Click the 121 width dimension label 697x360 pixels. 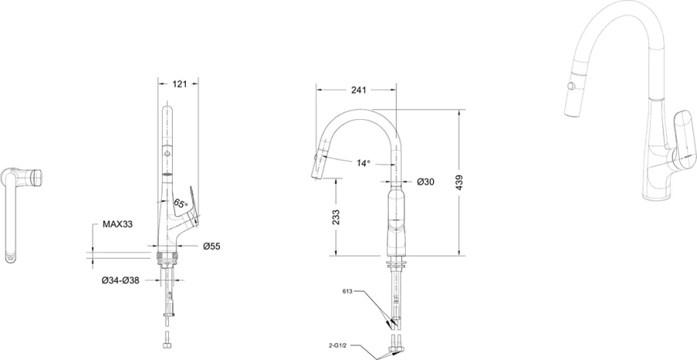pyautogui.click(x=179, y=84)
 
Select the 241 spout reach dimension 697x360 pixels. pyautogui.click(x=359, y=91)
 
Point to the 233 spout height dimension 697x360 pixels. pyautogui.click(x=336, y=217)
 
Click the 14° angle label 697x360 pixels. pyautogui.click(x=363, y=163)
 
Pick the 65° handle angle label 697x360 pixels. pyautogui.click(x=180, y=204)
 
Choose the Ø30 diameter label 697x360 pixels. pyautogui.click(x=426, y=181)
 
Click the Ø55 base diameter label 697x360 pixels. pyautogui.click(x=211, y=246)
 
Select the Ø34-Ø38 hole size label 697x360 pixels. pyautogui.click(x=121, y=280)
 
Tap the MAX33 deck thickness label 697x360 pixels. pyautogui.click(x=118, y=225)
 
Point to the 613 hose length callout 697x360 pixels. pyautogui.click(x=348, y=292)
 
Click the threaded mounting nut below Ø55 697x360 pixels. pyautogui.click(x=167, y=256)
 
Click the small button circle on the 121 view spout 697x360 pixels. pyautogui.click(x=167, y=154)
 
